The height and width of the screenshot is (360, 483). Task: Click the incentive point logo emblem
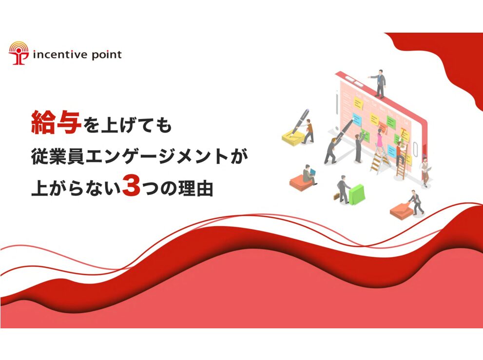tap(19, 53)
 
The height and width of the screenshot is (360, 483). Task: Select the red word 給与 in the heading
tap(56, 122)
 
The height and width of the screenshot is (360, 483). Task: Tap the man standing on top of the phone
tap(379, 83)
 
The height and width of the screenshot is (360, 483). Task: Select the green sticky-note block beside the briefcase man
tap(357, 194)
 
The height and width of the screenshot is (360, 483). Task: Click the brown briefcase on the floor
tap(337, 196)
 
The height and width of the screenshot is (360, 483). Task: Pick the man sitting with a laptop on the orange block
tap(309, 174)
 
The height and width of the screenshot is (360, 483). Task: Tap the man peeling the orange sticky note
tap(416, 202)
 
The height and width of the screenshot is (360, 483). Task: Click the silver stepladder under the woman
tap(380, 160)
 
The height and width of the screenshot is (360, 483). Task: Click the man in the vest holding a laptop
tap(425, 171)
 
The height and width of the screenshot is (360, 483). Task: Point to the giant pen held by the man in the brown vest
tap(300, 121)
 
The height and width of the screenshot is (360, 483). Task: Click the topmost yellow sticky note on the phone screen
tap(358, 103)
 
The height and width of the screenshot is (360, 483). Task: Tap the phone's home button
tap(415, 150)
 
